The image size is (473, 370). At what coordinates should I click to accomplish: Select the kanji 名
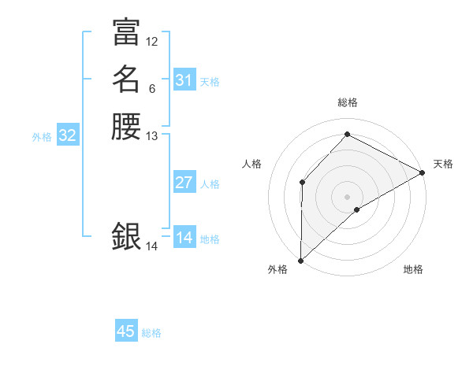tap(126, 80)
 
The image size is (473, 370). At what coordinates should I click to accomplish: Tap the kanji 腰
tap(126, 127)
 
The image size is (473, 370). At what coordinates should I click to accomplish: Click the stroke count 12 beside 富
tap(152, 41)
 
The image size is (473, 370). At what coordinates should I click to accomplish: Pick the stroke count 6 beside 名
tap(152, 88)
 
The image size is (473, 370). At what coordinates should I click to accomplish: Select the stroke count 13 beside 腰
tap(152, 136)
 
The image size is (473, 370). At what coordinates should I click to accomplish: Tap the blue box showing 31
tap(184, 80)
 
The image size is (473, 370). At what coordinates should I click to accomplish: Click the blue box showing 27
tap(184, 183)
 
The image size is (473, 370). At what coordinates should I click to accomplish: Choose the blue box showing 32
tap(67, 135)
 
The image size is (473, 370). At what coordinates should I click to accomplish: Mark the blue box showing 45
tap(126, 331)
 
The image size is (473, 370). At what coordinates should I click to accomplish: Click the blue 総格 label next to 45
tap(151, 333)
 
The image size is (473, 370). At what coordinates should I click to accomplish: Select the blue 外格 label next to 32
tap(42, 137)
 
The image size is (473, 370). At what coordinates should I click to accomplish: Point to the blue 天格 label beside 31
tap(210, 82)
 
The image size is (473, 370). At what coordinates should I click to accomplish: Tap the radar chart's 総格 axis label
tap(347, 102)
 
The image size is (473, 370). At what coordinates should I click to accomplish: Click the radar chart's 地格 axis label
tap(413, 270)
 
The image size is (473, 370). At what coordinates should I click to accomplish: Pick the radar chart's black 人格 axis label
tap(252, 164)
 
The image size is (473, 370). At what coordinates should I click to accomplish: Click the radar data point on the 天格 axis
tap(423, 173)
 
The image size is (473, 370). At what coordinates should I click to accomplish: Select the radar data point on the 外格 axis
tap(300, 261)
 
